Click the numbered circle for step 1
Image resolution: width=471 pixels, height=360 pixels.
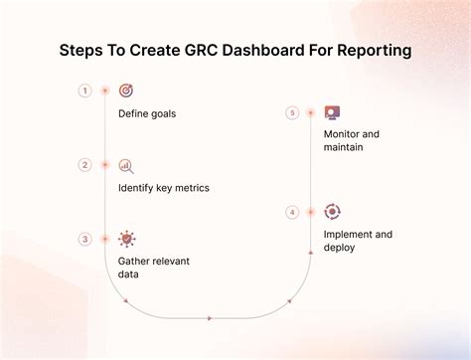click(x=85, y=90)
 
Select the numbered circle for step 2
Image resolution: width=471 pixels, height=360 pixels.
click(x=85, y=165)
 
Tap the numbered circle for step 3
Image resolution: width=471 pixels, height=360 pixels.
click(x=85, y=239)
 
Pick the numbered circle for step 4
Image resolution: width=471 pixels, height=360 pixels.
click(x=292, y=212)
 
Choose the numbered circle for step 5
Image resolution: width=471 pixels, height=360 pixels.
click(x=292, y=113)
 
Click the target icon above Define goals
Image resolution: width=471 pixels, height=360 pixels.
click(x=126, y=90)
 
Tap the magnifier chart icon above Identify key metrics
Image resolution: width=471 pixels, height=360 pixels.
click(x=126, y=165)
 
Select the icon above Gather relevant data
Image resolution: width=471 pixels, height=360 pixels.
click(x=126, y=239)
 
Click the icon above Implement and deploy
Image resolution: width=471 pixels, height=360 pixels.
click(x=332, y=212)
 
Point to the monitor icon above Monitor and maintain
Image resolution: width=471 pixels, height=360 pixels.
click(x=332, y=113)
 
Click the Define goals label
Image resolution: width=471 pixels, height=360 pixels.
click(x=147, y=113)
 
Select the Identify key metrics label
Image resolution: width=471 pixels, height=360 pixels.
click(x=163, y=187)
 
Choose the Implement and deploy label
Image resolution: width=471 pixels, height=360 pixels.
click(x=358, y=241)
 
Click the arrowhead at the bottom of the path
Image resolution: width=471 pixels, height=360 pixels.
click(x=210, y=318)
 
